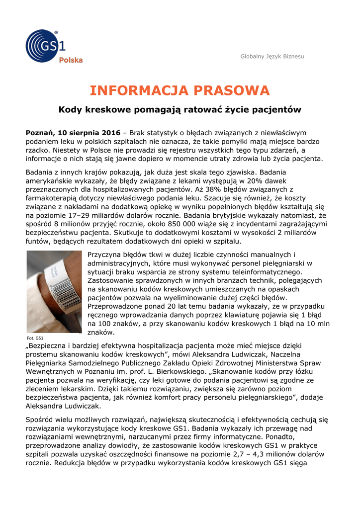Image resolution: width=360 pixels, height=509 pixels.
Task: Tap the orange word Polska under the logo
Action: coord(71,60)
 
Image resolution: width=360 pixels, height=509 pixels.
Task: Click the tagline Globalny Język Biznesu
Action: coord(272,57)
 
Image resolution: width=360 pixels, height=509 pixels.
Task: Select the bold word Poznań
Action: coord(40,133)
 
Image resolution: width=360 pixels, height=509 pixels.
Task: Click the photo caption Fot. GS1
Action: coord(35,338)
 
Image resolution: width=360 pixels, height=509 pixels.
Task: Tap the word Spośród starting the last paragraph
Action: coord(41,419)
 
